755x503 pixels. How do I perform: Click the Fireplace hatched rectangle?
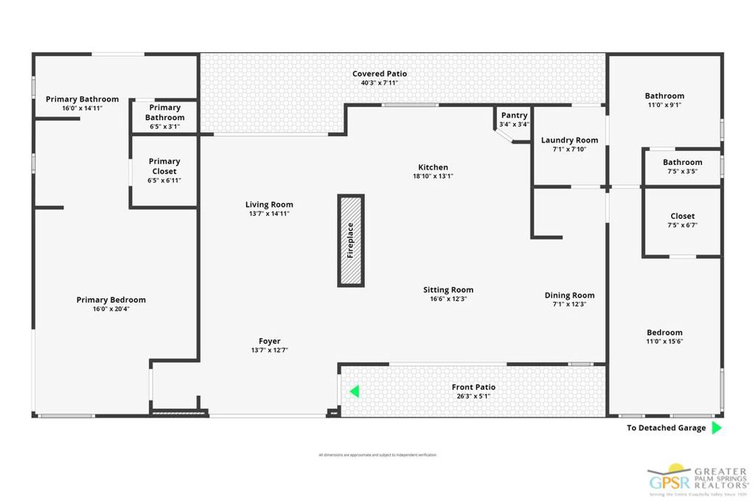(351, 241)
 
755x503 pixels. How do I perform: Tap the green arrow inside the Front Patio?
(355, 391)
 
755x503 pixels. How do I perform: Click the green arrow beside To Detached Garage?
(716, 428)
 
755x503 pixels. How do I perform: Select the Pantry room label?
(514, 116)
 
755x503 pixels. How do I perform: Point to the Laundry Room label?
(569, 140)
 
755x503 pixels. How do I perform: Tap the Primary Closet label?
(164, 166)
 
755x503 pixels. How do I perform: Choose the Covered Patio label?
(379, 74)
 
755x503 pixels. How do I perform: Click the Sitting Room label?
(448, 290)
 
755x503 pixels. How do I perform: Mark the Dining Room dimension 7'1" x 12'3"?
(569, 304)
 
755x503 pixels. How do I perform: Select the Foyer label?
(269, 341)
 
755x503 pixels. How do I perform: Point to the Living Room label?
(269, 205)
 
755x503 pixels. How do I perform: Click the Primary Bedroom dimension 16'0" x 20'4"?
(111, 309)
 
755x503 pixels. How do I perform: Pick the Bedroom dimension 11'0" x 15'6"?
(664, 341)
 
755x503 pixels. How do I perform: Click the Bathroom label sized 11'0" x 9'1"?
(664, 96)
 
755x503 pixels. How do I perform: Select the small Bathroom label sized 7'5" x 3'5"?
(682, 162)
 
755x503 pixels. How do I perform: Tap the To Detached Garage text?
(666, 428)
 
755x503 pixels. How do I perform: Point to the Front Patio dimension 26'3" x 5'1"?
(473, 396)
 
